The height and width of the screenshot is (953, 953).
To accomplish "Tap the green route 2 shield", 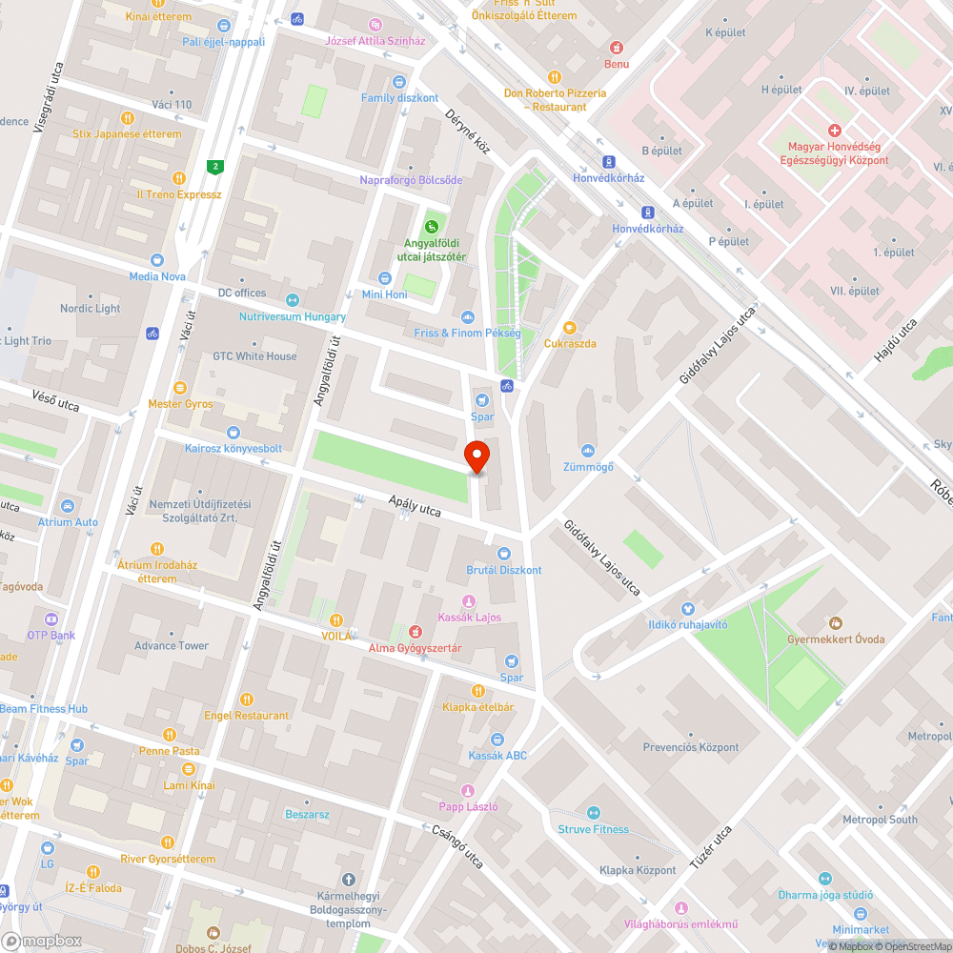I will (216, 168).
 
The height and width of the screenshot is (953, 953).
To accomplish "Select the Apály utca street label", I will (415, 506).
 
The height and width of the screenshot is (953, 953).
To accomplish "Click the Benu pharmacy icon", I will (617, 47).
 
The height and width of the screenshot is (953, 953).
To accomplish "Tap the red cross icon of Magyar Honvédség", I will (835, 131).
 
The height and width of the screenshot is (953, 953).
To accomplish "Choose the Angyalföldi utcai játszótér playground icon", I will (433, 226).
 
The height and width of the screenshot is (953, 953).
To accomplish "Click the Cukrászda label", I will (570, 343).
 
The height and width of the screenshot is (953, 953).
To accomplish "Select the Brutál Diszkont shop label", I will (503, 570).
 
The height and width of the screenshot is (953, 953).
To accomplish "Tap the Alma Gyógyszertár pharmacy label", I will (416, 648).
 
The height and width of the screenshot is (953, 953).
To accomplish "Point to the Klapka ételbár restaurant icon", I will (477, 690).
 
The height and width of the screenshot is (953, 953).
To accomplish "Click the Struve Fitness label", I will (593, 829).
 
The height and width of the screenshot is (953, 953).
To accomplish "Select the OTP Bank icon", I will (51, 618).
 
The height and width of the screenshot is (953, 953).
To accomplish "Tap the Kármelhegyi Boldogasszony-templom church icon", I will (348, 879).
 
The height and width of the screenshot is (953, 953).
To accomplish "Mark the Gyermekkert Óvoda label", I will (836, 639).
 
